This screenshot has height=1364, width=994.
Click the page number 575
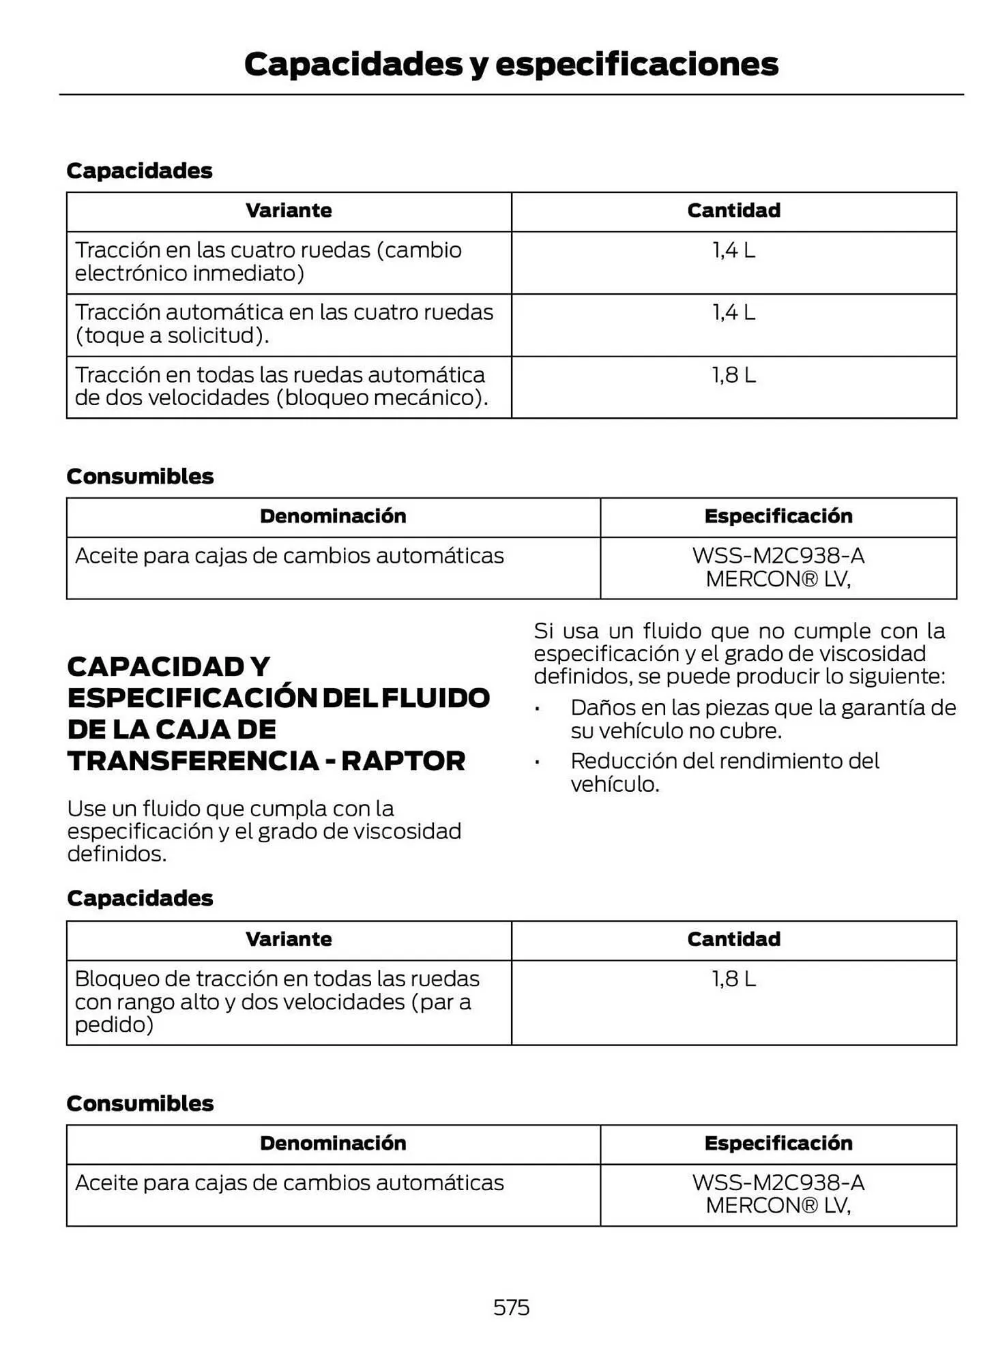click(x=511, y=1307)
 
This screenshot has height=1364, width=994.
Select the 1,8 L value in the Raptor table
click(x=733, y=979)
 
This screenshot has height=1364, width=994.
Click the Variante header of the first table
click(x=289, y=211)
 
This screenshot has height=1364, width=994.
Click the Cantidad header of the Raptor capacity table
click(x=733, y=939)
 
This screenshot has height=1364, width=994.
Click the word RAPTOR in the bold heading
click(x=403, y=761)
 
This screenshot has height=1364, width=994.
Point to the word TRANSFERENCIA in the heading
click(x=192, y=761)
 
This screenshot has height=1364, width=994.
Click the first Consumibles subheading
click(x=140, y=476)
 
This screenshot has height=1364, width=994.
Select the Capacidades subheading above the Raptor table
click(x=140, y=898)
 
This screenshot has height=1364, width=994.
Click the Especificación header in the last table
click(x=778, y=1143)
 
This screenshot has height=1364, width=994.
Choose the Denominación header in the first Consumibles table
click(x=333, y=516)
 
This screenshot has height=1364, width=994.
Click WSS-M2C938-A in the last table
click(x=778, y=1183)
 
